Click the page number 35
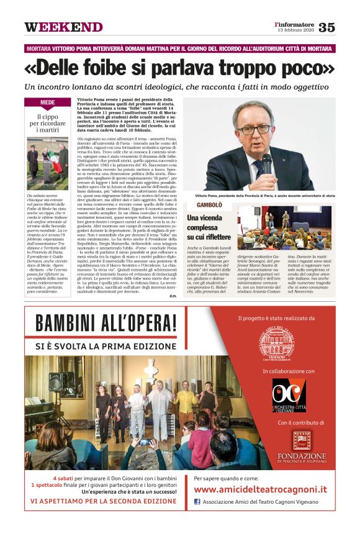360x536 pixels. pyautogui.click(x=326, y=27)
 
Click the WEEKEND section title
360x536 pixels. pyautogui.click(x=63, y=27)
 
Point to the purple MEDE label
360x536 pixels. pyautogui.click(x=48, y=103)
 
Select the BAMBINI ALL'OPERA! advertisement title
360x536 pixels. pyautogui.click(x=106, y=324)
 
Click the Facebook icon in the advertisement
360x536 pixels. pyautogui.click(x=197, y=502)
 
